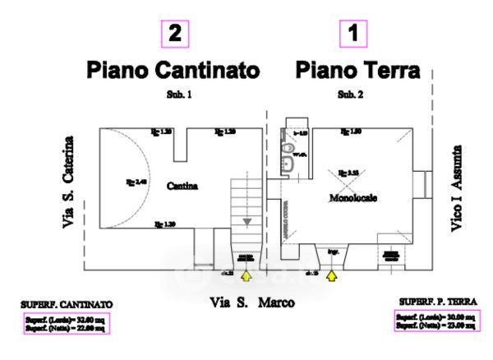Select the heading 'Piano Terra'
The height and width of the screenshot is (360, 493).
(358, 69)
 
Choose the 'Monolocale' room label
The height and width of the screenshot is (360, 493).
(353, 198)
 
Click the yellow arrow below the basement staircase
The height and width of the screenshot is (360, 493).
(245, 276)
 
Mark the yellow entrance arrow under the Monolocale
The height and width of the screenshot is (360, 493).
(332, 276)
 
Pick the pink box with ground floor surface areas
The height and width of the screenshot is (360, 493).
(435, 321)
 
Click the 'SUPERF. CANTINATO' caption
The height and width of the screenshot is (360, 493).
(67, 303)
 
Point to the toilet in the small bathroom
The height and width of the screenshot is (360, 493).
(288, 150)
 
